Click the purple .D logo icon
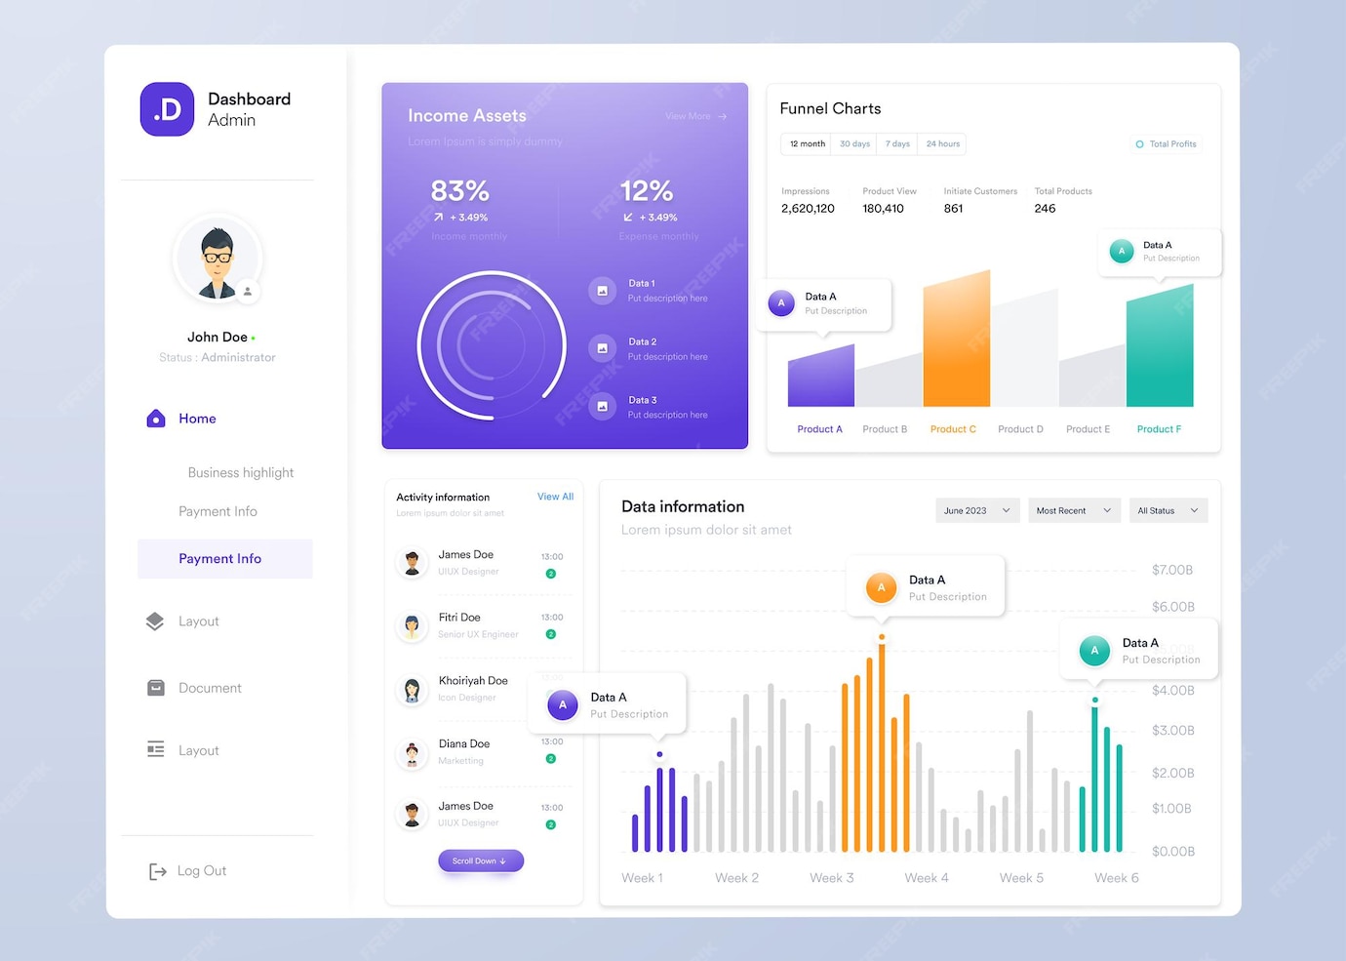click(x=167, y=109)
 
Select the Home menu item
click(x=196, y=419)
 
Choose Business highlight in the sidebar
click(x=240, y=472)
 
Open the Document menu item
click(x=209, y=688)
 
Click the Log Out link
click(x=200, y=871)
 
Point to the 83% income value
click(x=459, y=191)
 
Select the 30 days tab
click(x=854, y=144)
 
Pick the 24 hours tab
click(x=942, y=144)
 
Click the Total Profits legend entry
click(x=1167, y=144)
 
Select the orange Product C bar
click(x=956, y=341)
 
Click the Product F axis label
click(x=1159, y=429)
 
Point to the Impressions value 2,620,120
click(x=808, y=209)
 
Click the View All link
click(x=555, y=497)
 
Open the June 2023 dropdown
click(x=976, y=510)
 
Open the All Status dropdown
click(x=1167, y=510)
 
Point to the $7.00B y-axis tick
click(x=1171, y=570)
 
